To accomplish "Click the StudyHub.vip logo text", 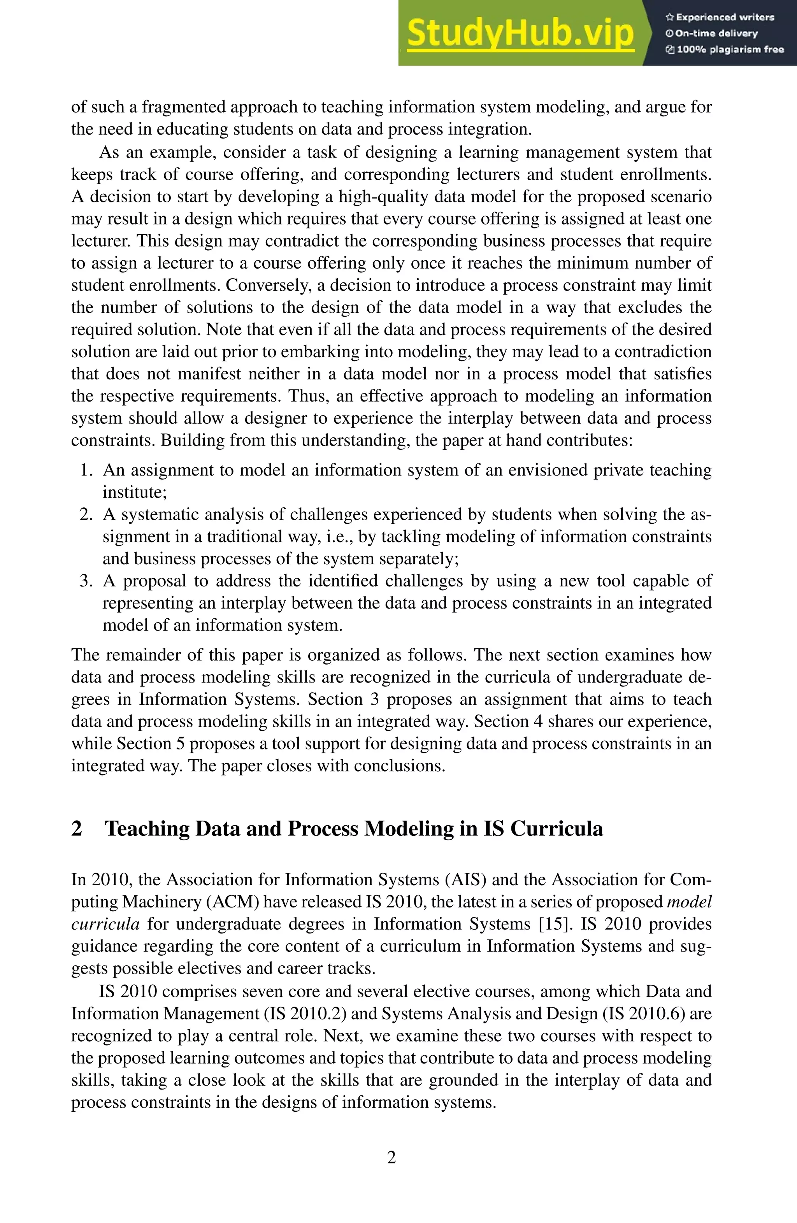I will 520,33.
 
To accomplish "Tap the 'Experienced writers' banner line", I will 720,18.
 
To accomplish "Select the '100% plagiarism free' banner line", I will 725,50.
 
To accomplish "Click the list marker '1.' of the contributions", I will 86,470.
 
